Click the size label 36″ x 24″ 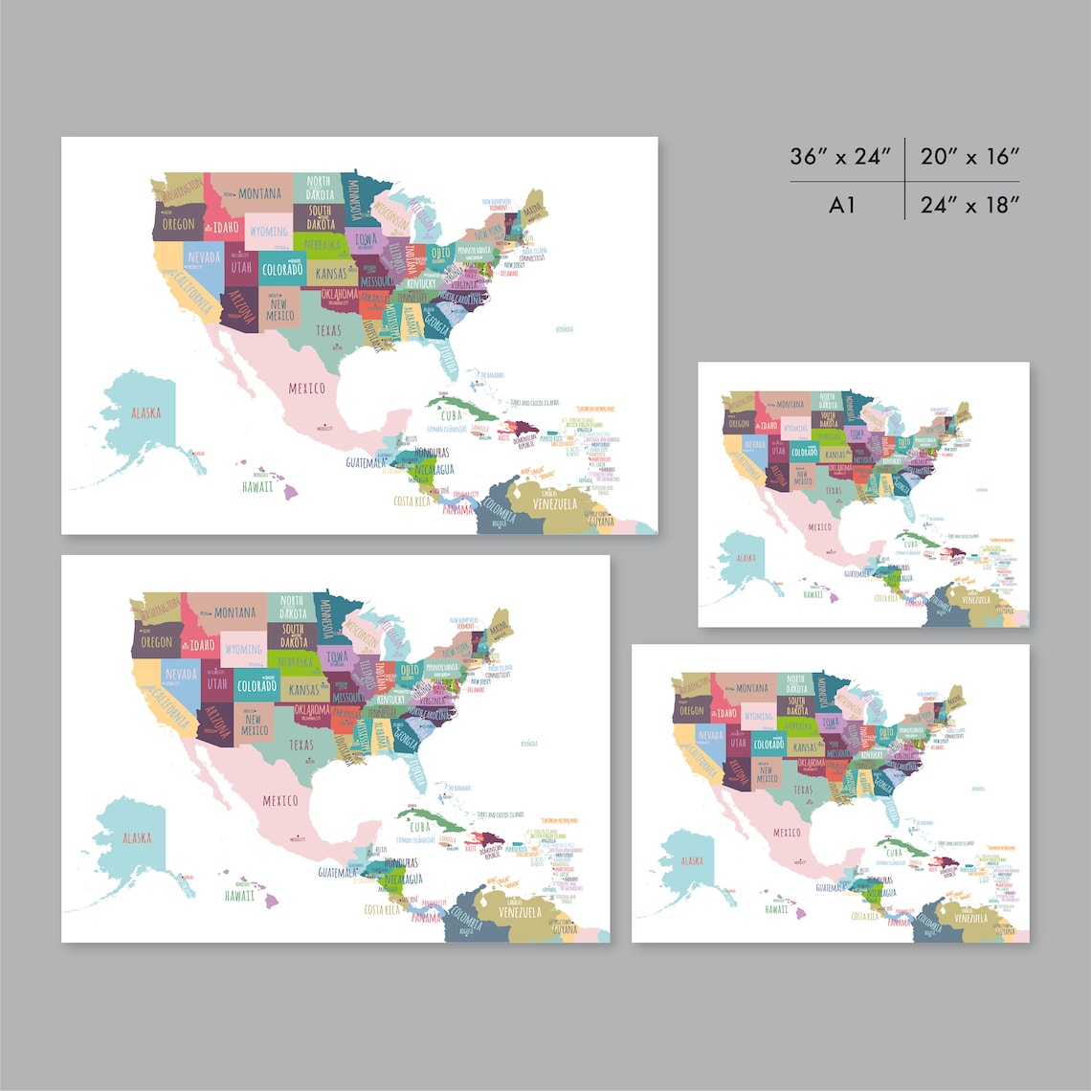click(x=841, y=157)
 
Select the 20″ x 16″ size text click(x=969, y=157)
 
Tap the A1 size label click(x=842, y=205)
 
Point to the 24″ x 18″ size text click(x=969, y=205)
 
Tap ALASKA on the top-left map click(x=145, y=413)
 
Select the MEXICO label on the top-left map click(x=306, y=388)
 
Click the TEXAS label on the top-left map click(x=328, y=331)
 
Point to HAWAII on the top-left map click(x=256, y=486)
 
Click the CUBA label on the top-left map click(x=451, y=416)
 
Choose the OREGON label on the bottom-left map click(x=156, y=642)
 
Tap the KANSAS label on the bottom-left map click(x=303, y=690)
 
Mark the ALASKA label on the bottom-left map click(x=136, y=838)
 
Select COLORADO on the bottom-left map click(x=256, y=686)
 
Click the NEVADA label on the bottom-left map click(x=180, y=674)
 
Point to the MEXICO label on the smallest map click(x=820, y=527)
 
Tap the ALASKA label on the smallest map click(x=746, y=558)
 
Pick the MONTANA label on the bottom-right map click(x=752, y=688)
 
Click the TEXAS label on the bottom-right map click(x=802, y=790)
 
